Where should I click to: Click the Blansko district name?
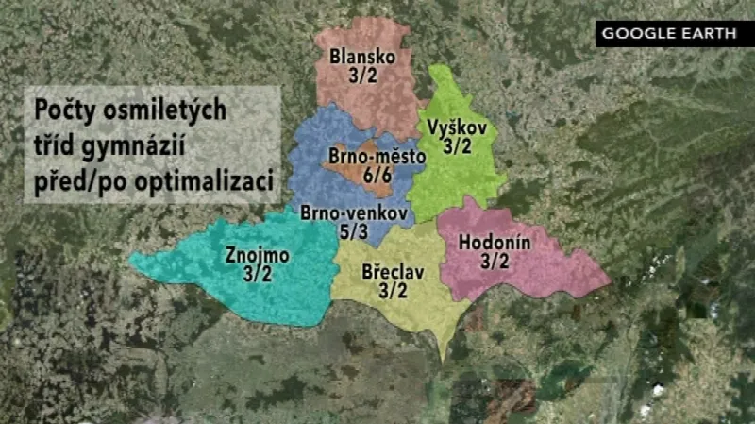pyautogui.click(x=362, y=58)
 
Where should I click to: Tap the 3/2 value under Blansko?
pyautogui.click(x=362, y=76)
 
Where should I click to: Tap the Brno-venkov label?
pyautogui.click(x=354, y=213)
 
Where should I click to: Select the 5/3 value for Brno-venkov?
pyautogui.click(x=354, y=231)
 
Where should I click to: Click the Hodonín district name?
pyautogui.click(x=495, y=243)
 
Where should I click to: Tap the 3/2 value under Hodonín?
pyautogui.click(x=495, y=262)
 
